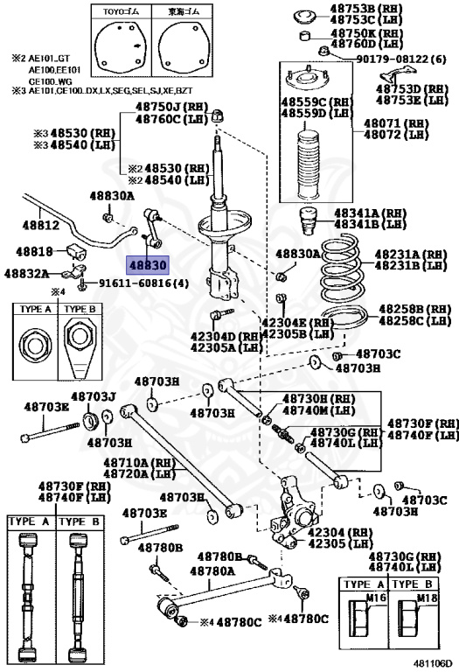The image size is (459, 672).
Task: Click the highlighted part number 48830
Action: click(148, 263)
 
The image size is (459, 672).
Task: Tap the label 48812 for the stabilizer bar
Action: click(41, 225)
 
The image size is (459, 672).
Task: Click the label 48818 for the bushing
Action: click(35, 251)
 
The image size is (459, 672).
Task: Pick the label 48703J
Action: click(94, 396)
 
